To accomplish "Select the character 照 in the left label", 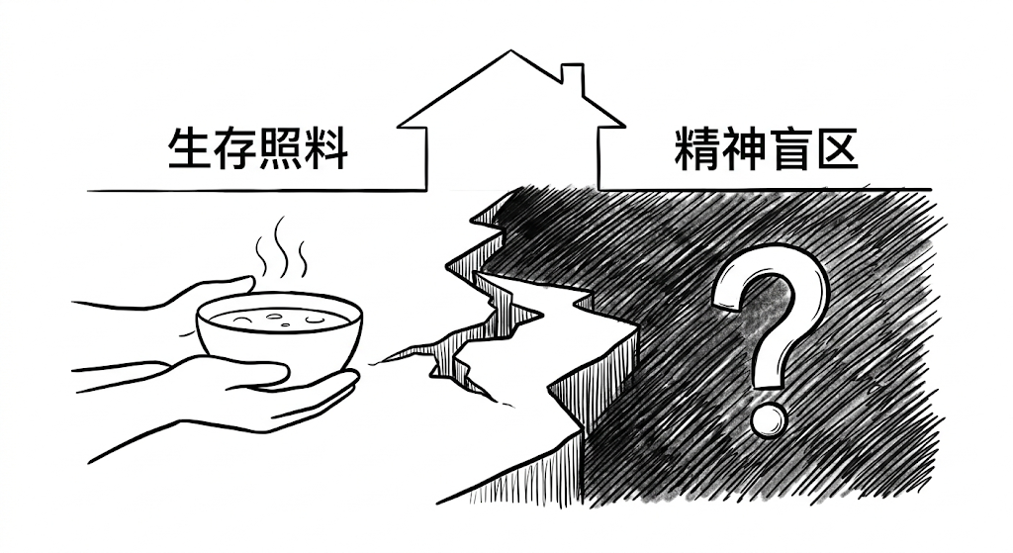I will [282, 146].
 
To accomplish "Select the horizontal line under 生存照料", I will [247, 188].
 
